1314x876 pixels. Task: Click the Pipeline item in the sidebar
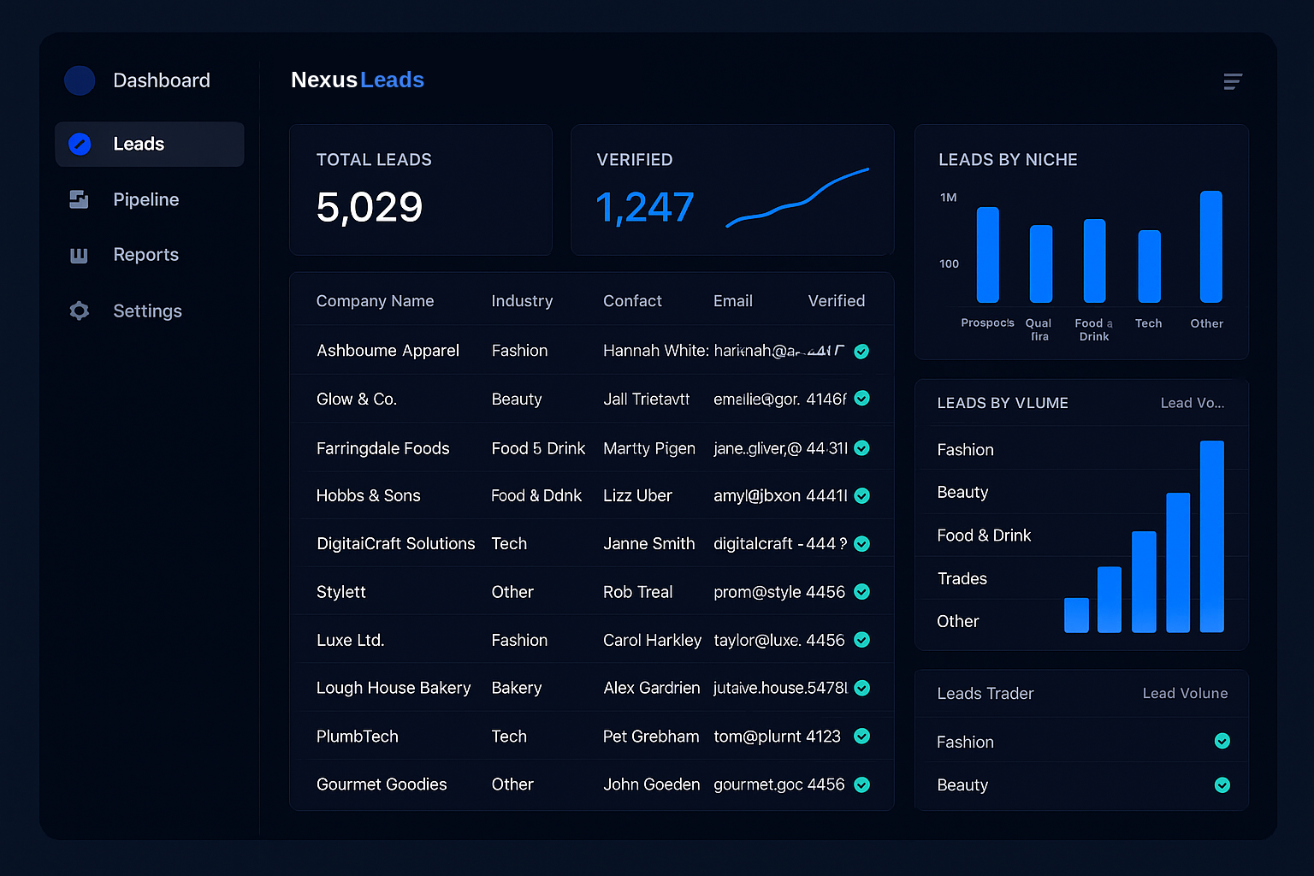point(145,199)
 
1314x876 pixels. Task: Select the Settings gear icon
point(80,311)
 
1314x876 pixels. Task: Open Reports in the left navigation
point(145,255)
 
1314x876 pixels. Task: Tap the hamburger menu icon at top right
point(1233,81)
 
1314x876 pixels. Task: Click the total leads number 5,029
point(370,207)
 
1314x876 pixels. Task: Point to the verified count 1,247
point(644,207)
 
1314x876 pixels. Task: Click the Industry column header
point(522,301)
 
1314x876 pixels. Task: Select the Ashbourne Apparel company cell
point(388,351)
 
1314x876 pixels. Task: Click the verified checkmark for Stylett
point(862,592)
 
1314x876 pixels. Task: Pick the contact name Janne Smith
point(648,544)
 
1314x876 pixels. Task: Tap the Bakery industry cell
point(517,688)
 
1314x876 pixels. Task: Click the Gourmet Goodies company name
point(382,784)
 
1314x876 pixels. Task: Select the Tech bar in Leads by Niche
point(1149,266)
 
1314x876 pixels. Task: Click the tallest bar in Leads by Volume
point(1211,536)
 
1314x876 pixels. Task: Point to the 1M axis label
point(948,198)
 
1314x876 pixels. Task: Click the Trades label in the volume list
point(962,579)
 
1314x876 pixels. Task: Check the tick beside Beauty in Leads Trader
point(1222,785)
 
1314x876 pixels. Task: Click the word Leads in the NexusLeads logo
point(392,80)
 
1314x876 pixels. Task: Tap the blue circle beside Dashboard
point(80,80)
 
